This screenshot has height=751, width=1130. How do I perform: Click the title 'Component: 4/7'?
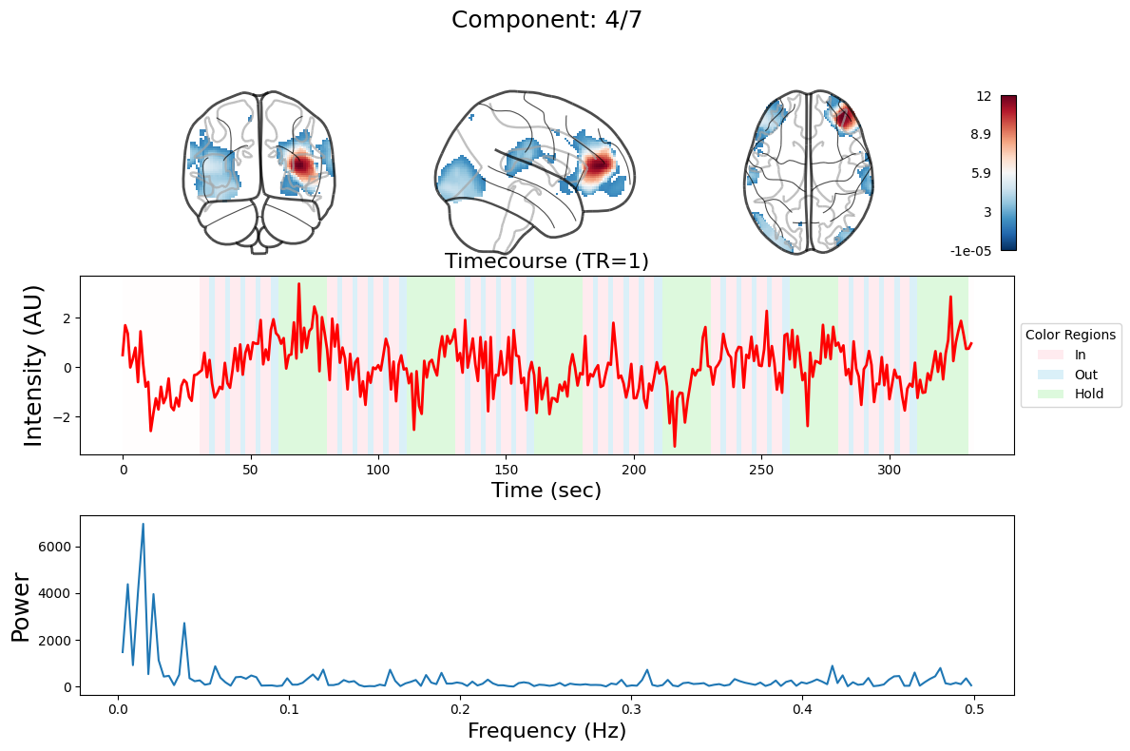pos(546,20)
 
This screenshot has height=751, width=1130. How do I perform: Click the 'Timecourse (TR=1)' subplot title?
pos(546,261)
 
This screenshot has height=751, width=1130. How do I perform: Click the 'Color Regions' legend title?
pos(1071,335)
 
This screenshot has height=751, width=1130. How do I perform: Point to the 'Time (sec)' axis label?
pos(546,491)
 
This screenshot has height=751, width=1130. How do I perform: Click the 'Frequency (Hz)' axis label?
pos(546,731)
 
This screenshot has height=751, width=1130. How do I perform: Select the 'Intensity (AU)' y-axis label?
pos(33,366)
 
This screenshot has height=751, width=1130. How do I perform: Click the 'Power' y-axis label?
pos(21,607)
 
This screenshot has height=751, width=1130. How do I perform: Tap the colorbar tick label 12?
pos(984,96)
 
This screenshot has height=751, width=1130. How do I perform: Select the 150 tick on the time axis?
pos(506,470)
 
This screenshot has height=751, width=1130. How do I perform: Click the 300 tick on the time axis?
pos(890,470)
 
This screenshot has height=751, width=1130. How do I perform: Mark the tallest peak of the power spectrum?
pos(144,524)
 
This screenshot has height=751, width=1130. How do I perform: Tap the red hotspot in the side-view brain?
pos(599,166)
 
